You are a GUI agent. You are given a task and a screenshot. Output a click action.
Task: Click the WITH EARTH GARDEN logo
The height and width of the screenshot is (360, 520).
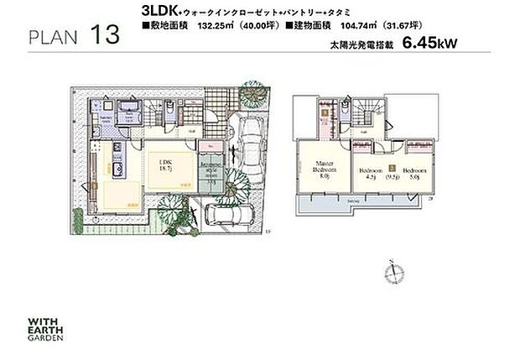click(x=45, y=323)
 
